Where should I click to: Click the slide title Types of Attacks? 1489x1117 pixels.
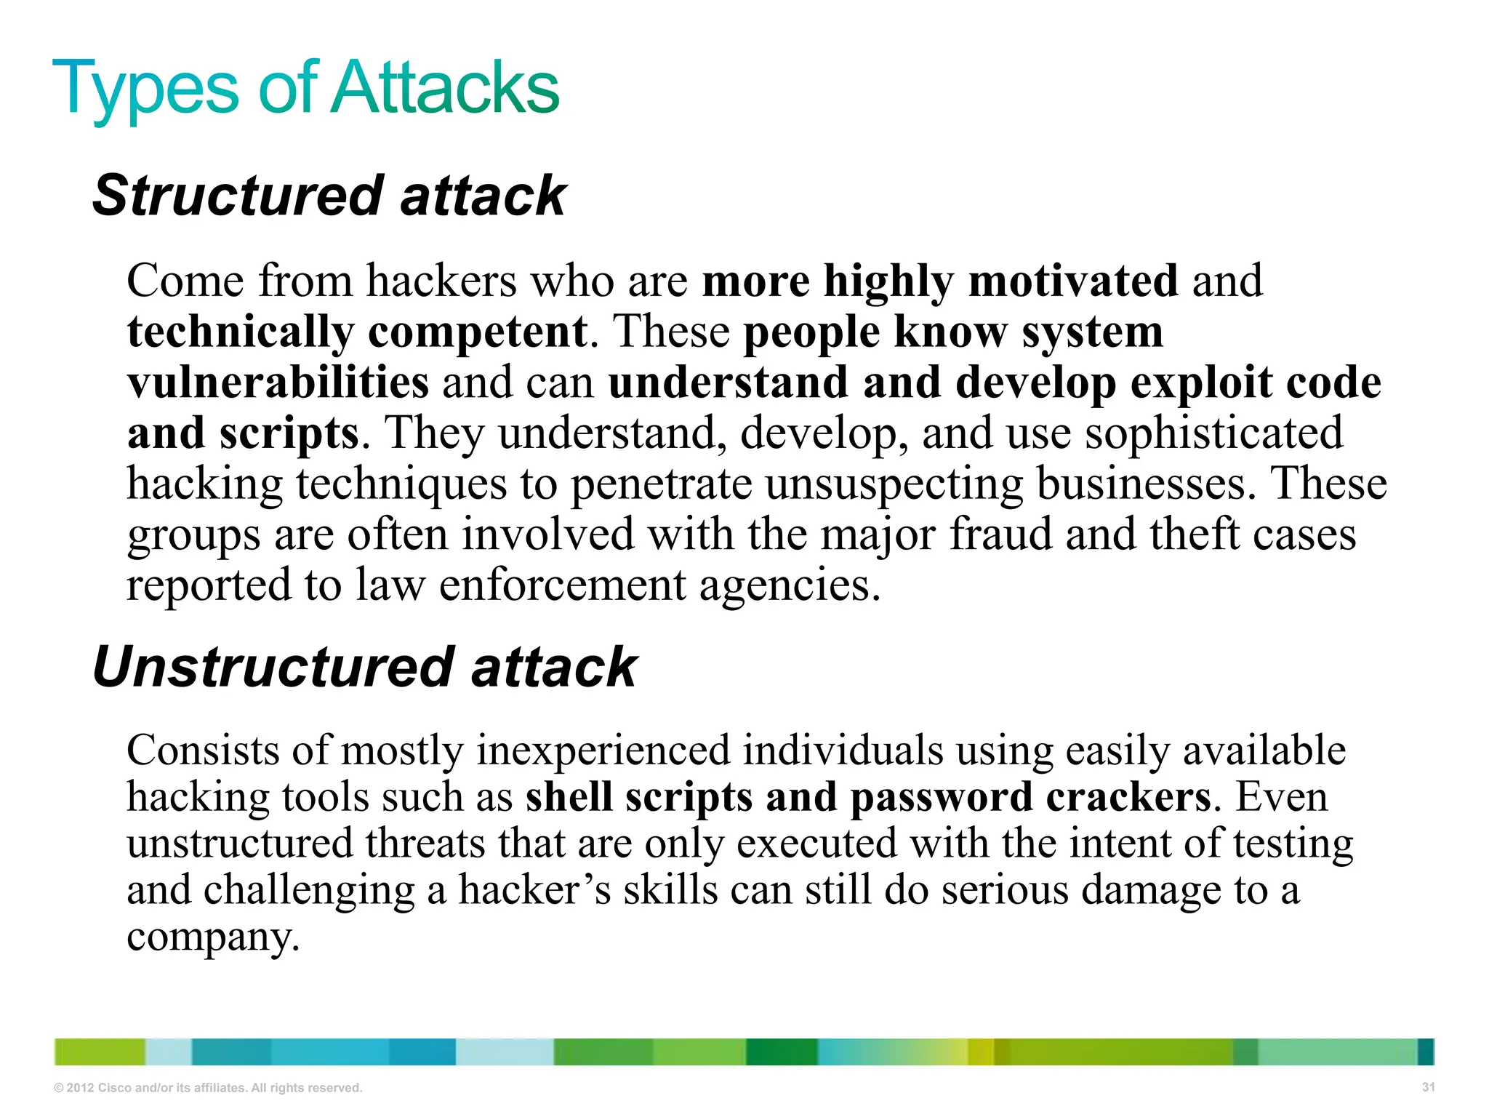pos(305,89)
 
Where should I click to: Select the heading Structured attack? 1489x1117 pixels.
pos(329,196)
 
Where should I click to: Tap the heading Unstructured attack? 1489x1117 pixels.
pos(364,668)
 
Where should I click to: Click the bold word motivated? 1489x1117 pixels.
pos(1073,281)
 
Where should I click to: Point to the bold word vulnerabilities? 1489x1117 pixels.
pos(278,383)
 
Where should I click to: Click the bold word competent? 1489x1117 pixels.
pos(477,332)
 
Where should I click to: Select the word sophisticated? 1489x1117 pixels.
pos(1213,433)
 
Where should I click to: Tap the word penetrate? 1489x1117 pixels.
pos(661,484)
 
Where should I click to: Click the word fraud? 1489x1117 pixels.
pos(1000,535)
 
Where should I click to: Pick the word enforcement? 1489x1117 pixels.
pos(562,585)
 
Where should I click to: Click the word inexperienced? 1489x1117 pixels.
pos(603,750)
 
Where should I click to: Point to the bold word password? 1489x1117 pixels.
pos(942,798)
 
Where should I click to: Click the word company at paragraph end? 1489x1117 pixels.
pos(212,938)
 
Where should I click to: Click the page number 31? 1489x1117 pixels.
pos(1428,1087)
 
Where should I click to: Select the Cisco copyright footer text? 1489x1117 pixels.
pos(208,1088)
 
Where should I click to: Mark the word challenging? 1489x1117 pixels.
pos(309,892)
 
